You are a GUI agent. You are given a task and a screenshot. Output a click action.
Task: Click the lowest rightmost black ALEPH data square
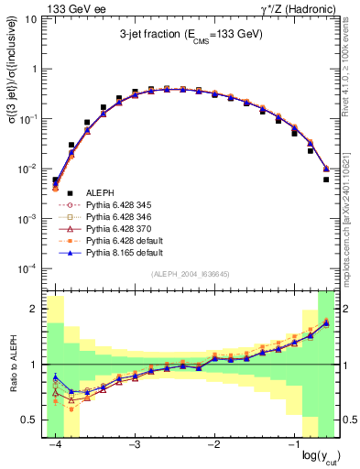(x=326, y=180)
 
